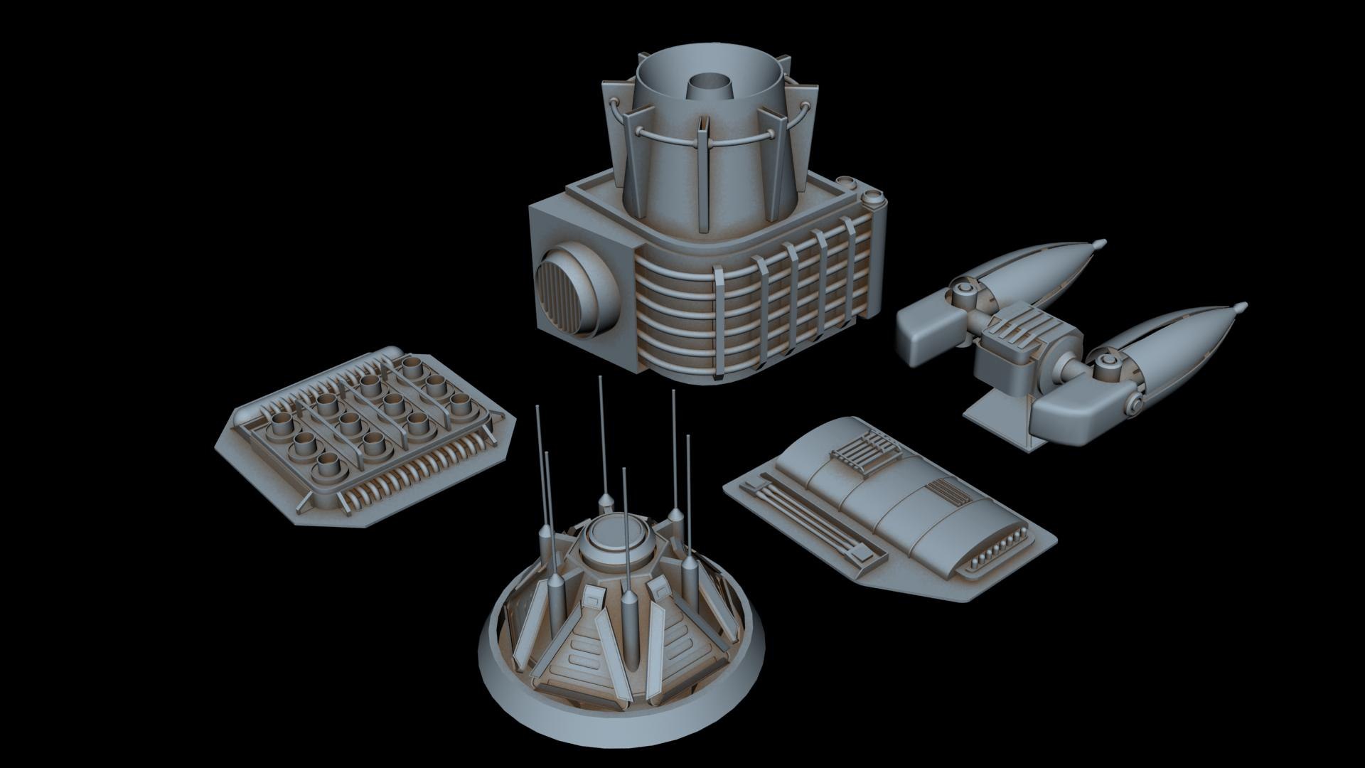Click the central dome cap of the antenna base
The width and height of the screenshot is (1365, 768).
coord(615,533)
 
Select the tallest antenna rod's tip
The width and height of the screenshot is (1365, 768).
coord(601,379)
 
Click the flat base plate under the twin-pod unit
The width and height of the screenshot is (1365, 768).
coord(992,412)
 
